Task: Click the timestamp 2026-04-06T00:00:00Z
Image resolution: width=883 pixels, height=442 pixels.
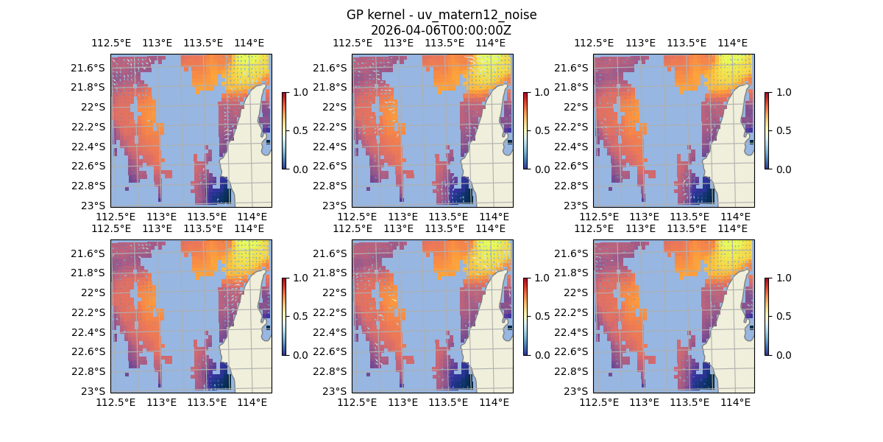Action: coord(441,30)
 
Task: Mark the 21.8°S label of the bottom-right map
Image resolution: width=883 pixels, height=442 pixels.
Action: coord(571,273)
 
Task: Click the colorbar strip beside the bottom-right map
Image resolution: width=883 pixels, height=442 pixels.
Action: coord(767,316)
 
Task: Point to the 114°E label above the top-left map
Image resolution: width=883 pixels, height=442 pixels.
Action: coord(249,43)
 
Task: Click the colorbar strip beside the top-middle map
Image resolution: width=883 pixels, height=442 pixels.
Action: coord(525,130)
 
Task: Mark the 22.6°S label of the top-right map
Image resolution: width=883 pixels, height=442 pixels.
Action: coord(571,166)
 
